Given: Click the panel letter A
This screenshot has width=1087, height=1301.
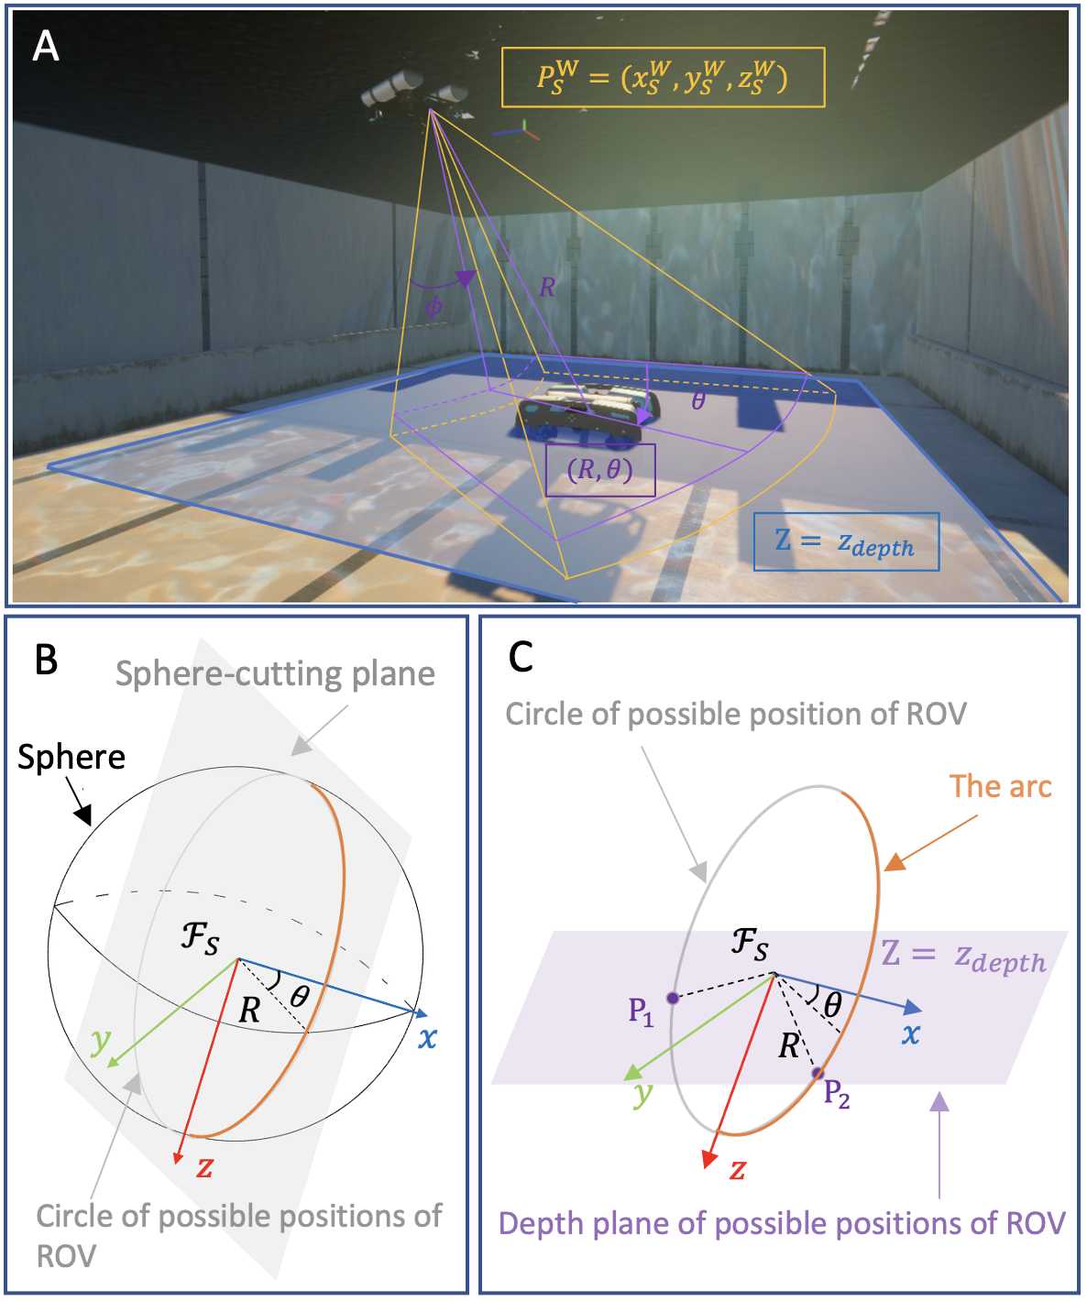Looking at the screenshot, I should click(x=46, y=46).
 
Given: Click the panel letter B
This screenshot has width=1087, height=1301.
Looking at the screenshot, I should click(x=46, y=659).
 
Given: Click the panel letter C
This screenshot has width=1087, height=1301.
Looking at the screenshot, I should click(x=521, y=656).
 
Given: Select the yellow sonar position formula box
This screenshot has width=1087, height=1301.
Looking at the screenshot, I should click(x=663, y=78).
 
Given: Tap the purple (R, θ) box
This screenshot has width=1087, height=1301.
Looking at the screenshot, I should click(x=600, y=470).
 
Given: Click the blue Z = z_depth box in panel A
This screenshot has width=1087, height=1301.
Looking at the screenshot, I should click(x=846, y=542).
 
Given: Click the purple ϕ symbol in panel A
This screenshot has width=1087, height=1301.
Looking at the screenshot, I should click(x=434, y=307).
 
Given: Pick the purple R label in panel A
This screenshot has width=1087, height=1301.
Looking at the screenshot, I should click(x=547, y=288).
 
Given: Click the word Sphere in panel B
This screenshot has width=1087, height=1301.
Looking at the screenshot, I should click(x=71, y=757).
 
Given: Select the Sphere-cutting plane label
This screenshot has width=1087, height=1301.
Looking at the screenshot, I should click(x=275, y=674).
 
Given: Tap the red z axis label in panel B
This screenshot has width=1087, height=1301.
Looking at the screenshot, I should click(x=204, y=1167).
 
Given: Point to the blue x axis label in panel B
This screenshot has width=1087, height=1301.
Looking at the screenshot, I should click(x=427, y=1038).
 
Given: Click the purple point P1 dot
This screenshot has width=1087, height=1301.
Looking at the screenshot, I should click(x=672, y=998).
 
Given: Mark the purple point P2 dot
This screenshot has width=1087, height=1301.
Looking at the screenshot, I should click(x=818, y=1073).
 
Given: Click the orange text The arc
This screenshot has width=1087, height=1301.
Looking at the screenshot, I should click(x=1000, y=786).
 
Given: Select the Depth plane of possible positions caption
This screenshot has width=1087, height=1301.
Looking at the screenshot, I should click(x=782, y=1224).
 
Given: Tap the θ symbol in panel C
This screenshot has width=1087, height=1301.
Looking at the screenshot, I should click(x=832, y=1005).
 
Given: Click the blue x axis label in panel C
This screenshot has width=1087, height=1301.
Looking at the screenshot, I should click(x=910, y=1034).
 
